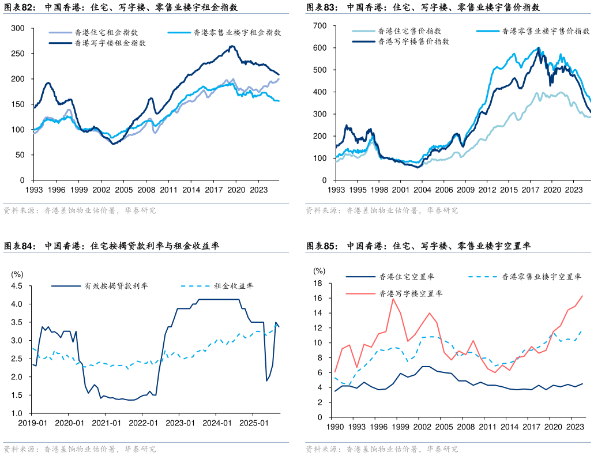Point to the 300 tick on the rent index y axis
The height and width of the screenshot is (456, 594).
pos(17,28)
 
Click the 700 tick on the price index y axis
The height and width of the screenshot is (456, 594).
pos(319,26)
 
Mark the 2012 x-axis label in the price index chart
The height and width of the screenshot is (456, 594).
pos(487,189)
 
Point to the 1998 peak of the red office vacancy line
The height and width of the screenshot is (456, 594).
pos(393,299)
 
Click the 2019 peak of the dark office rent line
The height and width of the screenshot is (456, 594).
pos(232,46)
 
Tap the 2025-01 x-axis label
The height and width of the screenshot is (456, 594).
pos(257,423)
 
